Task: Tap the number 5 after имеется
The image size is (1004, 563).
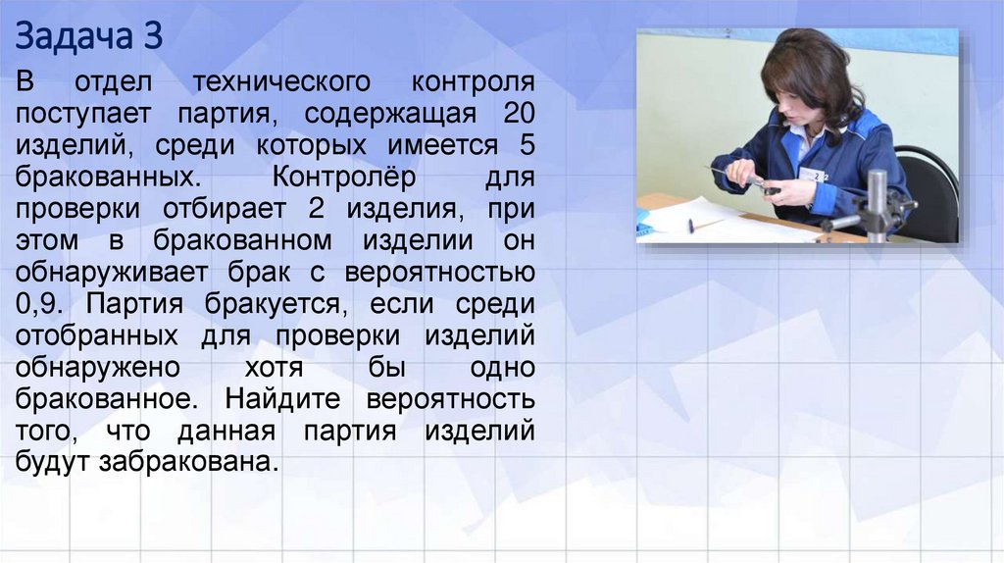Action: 525,145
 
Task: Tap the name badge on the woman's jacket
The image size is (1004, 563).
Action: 812,174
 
